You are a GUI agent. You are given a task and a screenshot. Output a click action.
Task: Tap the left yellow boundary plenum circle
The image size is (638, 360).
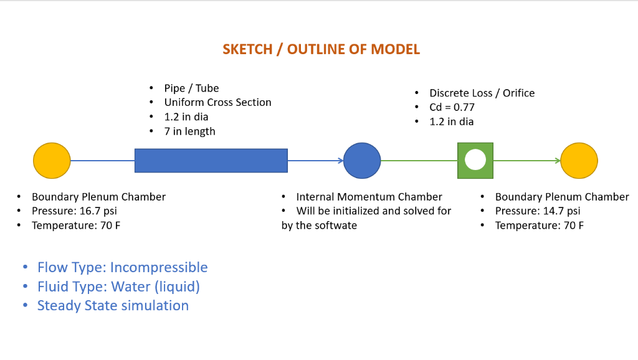[x=52, y=161]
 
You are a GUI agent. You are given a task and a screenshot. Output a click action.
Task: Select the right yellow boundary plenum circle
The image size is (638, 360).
[x=579, y=161]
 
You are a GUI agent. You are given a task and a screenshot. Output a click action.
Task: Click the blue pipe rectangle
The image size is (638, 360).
[x=211, y=161]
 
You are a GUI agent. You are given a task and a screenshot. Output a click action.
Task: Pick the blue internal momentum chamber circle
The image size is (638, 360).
[x=362, y=161]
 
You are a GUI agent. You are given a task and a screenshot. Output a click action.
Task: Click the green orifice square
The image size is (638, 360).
[x=475, y=161]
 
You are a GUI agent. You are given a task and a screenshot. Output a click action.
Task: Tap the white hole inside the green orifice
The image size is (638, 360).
[x=475, y=160]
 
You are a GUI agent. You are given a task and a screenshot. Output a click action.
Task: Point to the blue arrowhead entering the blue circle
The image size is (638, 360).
[x=340, y=161]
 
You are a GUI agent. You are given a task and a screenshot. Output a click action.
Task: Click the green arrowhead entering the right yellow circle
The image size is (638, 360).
[x=557, y=161]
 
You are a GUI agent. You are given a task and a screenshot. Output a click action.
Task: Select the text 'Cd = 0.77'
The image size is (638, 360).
[x=452, y=107]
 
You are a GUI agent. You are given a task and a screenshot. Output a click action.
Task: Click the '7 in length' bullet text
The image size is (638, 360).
[x=189, y=131]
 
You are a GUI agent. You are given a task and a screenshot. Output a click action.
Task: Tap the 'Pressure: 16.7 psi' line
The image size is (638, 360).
[x=75, y=211]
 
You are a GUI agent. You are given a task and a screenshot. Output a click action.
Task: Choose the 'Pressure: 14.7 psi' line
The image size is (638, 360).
[x=538, y=211]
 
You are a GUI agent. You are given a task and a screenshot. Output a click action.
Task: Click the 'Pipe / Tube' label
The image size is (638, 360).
[x=191, y=88]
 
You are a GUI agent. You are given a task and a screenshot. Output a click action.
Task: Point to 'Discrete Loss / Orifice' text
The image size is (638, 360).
[x=482, y=93]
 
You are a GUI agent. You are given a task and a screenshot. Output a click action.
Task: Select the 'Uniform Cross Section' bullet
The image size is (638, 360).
[x=217, y=103]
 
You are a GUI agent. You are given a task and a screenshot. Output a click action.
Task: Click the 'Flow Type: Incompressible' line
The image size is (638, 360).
[x=122, y=268]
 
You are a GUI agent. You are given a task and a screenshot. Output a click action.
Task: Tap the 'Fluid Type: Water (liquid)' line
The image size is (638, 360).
[x=118, y=287]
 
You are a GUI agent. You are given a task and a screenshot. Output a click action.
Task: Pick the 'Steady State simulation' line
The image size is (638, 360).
[x=113, y=306]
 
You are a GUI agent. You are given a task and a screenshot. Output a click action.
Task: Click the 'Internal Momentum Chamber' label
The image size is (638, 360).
[x=369, y=197]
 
